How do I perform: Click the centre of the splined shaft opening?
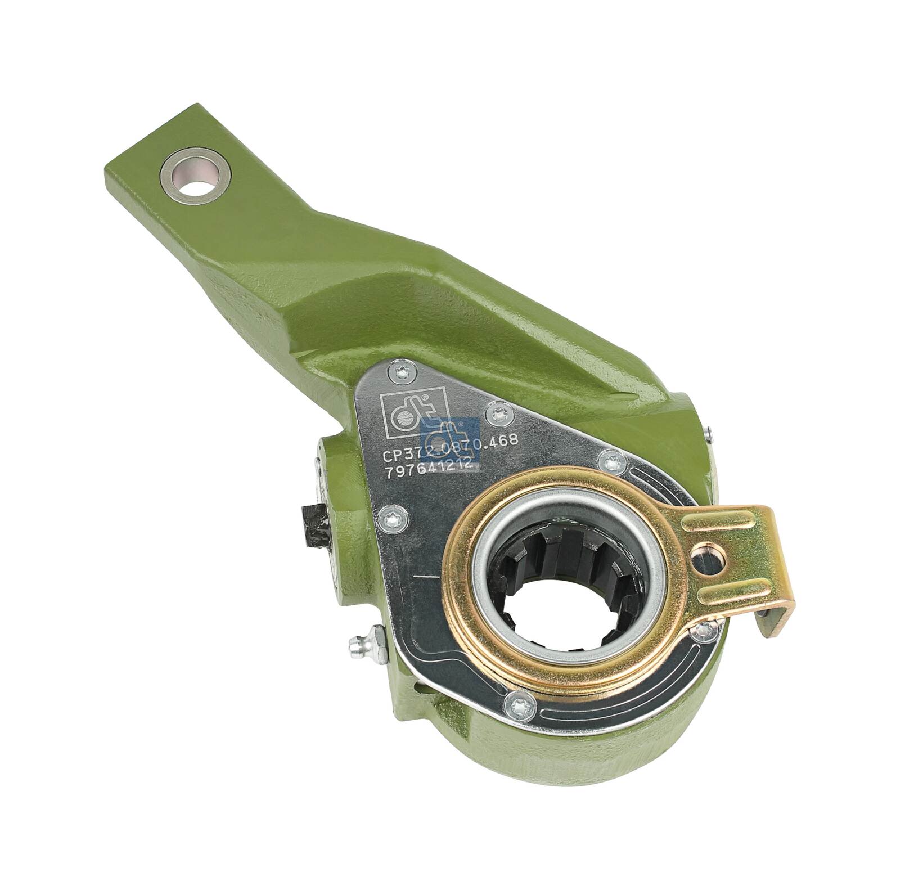568,579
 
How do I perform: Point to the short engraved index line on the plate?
425,577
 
